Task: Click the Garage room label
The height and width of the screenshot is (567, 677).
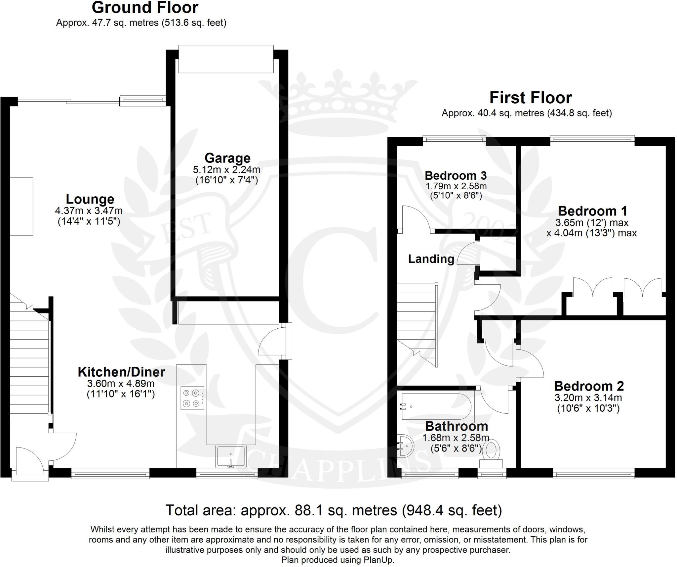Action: point(227,158)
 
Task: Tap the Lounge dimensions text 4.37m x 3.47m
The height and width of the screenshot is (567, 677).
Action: point(89,211)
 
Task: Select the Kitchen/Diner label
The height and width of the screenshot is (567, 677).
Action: point(121,372)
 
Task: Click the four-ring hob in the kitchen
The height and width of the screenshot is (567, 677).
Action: point(192,398)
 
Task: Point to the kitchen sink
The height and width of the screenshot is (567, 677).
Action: point(230,456)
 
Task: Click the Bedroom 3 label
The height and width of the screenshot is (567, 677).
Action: point(456,175)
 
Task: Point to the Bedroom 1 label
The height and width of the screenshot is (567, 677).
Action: point(592,211)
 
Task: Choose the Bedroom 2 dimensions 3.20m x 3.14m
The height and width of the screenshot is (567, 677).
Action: point(588,398)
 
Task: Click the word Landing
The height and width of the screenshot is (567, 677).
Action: point(431,259)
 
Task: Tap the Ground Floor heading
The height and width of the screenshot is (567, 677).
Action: point(145,8)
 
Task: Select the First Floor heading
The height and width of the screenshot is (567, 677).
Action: point(530,98)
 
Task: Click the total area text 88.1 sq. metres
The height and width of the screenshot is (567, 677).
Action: point(334,510)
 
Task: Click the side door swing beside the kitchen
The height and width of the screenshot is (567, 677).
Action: point(271,343)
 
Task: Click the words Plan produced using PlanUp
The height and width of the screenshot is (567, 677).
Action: point(338,560)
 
